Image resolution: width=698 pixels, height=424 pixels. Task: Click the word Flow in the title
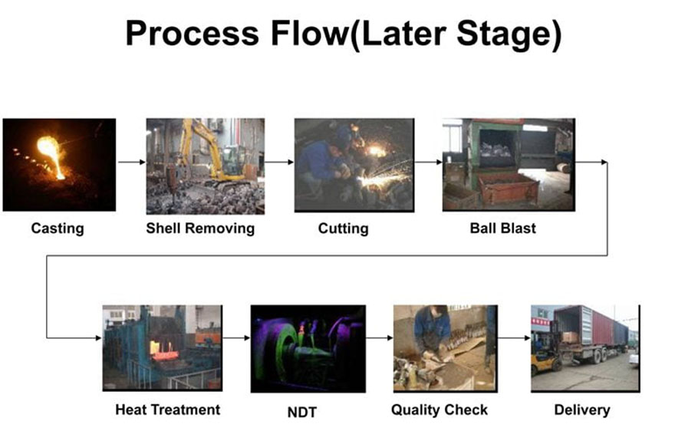pyautogui.click(x=308, y=34)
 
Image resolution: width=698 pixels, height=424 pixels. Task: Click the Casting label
pyautogui.click(x=58, y=228)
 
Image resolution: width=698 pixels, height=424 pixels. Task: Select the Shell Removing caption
pyautogui.click(x=200, y=228)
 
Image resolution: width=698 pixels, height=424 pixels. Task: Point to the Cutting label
pyautogui.click(x=343, y=228)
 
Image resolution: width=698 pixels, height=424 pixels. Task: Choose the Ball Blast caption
pyautogui.click(x=502, y=228)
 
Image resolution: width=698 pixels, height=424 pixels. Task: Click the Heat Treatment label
pyautogui.click(x=168, y=409)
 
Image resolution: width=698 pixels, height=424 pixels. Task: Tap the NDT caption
pyautogui.click(x=301, y=412)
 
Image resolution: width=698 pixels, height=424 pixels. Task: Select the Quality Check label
pyautogui.click(x=440, y=409)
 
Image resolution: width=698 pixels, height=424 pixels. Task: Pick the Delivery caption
pyautogui.click(x=582, y=409)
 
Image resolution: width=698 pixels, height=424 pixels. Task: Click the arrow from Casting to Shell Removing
pyautogui.click(x=131, y=162)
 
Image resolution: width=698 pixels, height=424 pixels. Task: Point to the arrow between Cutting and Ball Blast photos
pyautogui.click(x=428, y=162)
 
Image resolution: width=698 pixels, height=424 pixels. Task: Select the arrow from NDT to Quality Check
pyautogui.click(x=379, y=337)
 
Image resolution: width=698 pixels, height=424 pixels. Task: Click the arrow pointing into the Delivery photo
pyautogui.click(x=514, y=337)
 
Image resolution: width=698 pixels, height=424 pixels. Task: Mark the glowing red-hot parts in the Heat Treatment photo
pyautogui.click(x=164, y=351)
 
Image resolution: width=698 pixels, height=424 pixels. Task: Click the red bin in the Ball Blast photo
pyautogui.click(x=509, y=187)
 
